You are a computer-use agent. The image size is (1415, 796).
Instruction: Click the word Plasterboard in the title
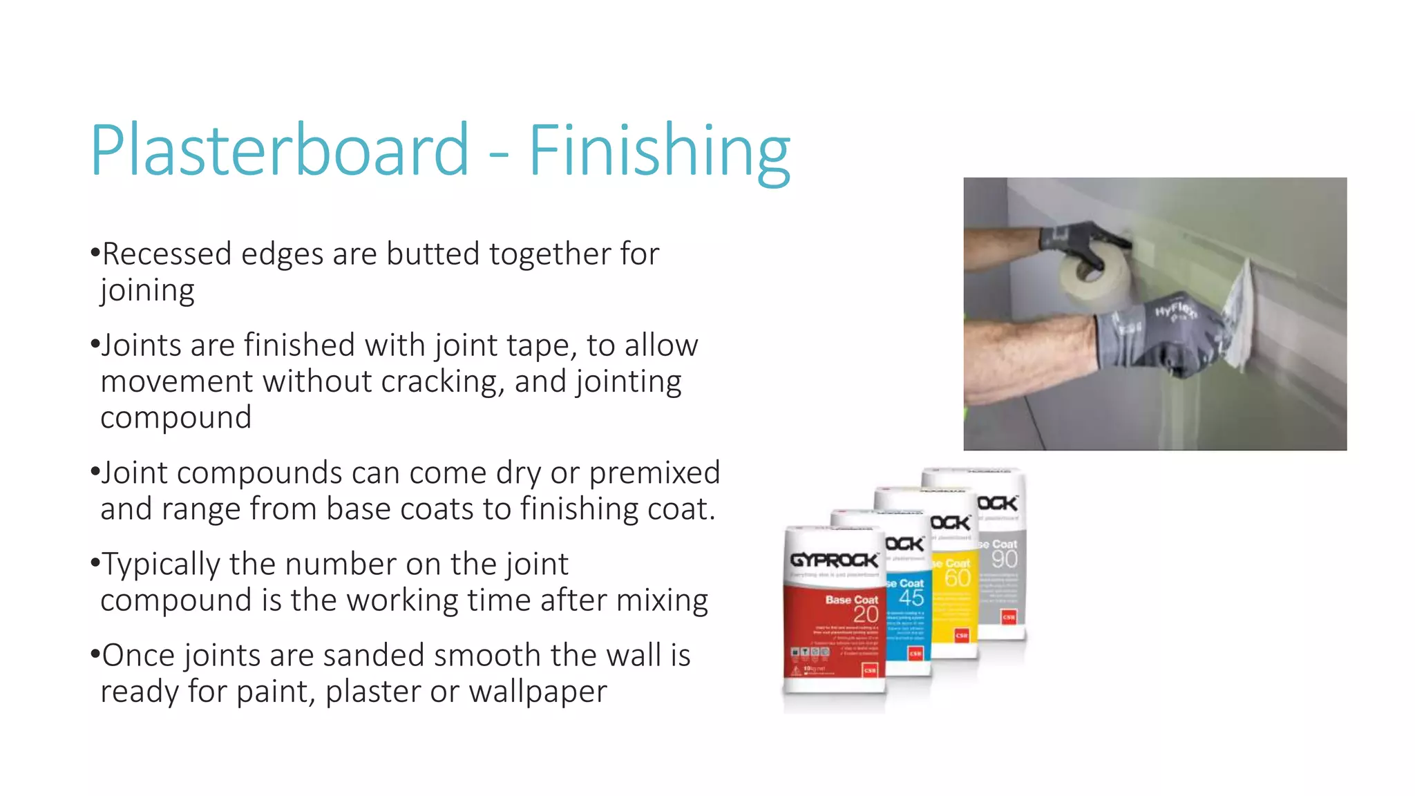point(280,150)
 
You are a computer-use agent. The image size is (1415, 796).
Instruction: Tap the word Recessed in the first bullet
point(167,254)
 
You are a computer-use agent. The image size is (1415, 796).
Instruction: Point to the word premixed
point(654,473)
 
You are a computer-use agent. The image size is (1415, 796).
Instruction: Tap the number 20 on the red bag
point(865,614)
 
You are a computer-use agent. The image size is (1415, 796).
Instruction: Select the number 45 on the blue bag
point(911,597)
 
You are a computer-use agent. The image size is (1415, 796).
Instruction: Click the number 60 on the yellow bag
point(957,578)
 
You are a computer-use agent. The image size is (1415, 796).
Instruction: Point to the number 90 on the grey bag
point(1004,559)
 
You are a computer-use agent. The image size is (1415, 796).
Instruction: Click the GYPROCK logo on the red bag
point(834,560)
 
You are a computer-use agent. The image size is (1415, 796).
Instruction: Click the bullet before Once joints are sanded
point(95,654)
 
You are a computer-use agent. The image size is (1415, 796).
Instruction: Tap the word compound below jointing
point(175,417)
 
